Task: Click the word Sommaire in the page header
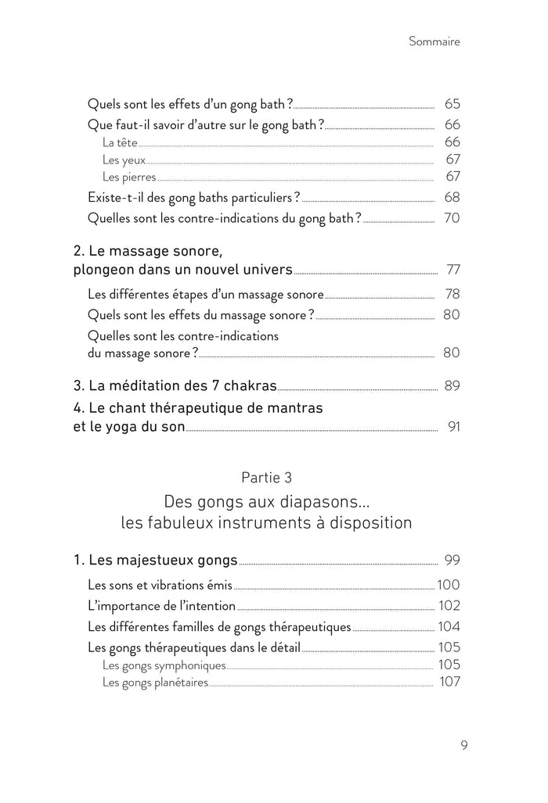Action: click(434, 42)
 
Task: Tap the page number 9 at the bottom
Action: click(464, 744)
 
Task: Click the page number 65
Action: click(451, 103)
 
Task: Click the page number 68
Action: click(451, 197)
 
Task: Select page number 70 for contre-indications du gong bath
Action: click(451, 218)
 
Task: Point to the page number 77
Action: click(452, 271)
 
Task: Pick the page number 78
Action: click(451, 295)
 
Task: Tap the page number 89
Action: click(451, 385)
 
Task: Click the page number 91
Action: click(453, 427)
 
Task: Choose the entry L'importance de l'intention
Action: click(161, 606)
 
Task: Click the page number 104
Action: click(449, 626)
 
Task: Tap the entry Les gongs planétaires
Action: click(155, 683)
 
